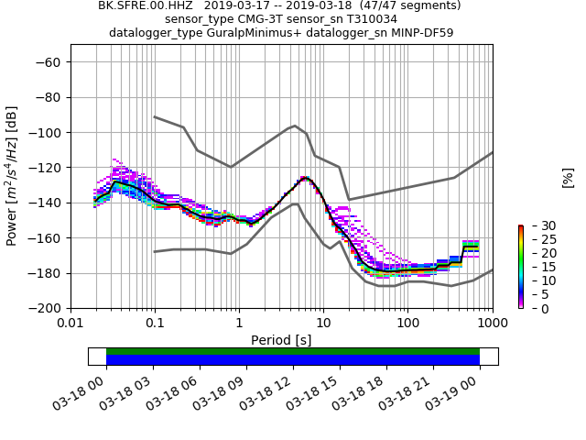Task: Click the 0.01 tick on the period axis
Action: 71,324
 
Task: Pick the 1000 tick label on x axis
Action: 492,324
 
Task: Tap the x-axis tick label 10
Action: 323,324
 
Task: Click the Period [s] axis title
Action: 281,340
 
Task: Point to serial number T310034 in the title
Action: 368,19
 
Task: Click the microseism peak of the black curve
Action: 305,178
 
